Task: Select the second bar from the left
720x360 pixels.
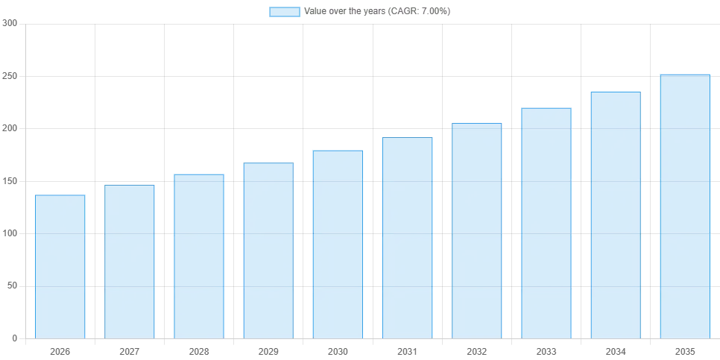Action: (128, 262)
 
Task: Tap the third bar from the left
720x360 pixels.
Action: (199, 256)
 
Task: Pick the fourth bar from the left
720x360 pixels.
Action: (268, 250)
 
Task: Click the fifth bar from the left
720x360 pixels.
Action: (337, 244)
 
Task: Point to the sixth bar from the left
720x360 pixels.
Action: (408, 238)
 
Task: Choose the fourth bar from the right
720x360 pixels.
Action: (477, 230)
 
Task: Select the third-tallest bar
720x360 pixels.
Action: (546, 223)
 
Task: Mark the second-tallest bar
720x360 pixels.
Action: (616, 214)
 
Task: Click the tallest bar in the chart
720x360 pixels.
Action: (684, 206)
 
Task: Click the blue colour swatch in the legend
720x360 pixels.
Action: (285, 12)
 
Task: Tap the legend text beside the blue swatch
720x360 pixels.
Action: (378, 12)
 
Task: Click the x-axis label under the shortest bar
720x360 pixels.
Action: (59, 350)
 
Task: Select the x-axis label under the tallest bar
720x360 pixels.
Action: (684, 350)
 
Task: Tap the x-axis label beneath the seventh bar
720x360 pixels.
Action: (477, 350)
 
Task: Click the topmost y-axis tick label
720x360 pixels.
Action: (9, 25)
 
